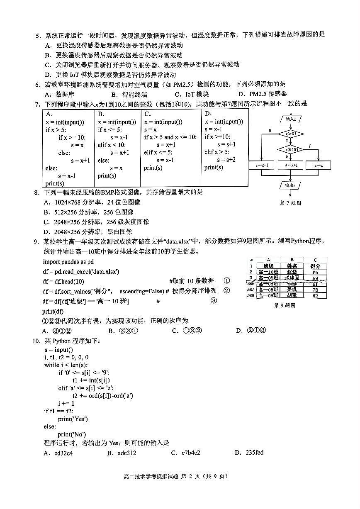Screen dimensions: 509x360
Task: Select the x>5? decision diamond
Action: point(290,134)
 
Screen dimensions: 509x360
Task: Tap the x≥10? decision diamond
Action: point(290,149)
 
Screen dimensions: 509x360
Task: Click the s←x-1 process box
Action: point(261,166)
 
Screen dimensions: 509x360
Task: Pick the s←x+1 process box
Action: point(290,166)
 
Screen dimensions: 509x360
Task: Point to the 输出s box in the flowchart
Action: point(290,185)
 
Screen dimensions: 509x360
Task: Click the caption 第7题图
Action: point(290,203)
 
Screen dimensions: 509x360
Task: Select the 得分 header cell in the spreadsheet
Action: point(315,266)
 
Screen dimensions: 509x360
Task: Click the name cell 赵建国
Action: point(292,278)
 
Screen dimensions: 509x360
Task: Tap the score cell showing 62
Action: point(315,295)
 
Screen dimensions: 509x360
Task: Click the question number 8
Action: point(36,192)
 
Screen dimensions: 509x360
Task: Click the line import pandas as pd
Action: point(68,262)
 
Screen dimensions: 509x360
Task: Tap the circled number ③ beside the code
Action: point(214,301)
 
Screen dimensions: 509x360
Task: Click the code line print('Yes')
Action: point(73,419)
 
